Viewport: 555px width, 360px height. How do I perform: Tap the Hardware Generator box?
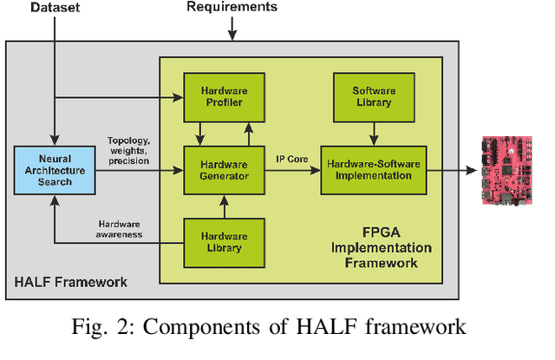(x=225, y=170)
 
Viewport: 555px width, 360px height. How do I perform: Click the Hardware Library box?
(x=225, y=242)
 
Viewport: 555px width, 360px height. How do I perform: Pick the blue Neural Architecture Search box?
(x=53, y=170)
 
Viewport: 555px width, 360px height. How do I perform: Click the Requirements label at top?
(x=232, y=8)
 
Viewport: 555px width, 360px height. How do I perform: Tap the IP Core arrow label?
(x=291, y=160)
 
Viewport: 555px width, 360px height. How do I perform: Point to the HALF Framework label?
(x=70, y=282)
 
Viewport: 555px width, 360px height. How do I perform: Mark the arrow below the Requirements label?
(x=232, y=29)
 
